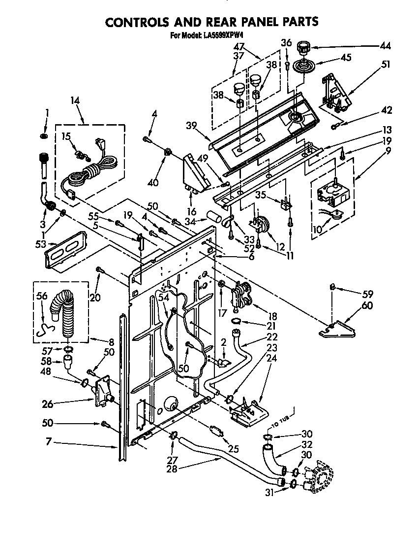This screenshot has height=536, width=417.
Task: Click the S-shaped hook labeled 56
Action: [46, 326]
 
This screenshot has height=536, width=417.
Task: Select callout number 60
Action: [367, 306]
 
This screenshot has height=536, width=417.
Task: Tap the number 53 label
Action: [40, 244]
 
